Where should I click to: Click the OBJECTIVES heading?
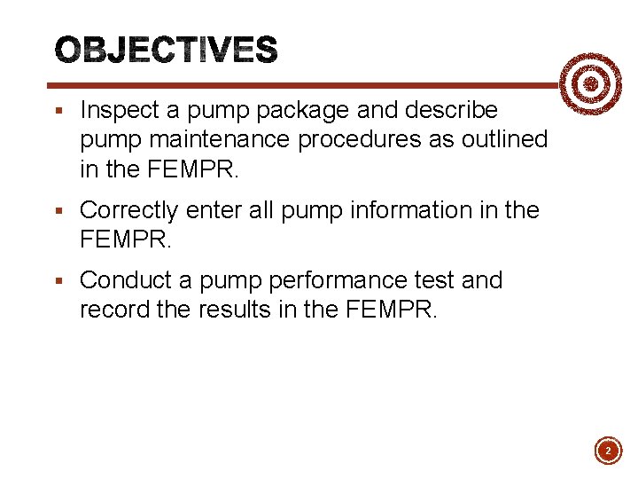tap(167, 51)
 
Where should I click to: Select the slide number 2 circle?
tap(608, 451)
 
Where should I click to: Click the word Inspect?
tap(118, 111)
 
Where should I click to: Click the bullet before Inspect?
tap(58, 112)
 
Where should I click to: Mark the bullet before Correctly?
tap(58, 211)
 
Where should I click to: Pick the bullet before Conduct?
tap(58, 281)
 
